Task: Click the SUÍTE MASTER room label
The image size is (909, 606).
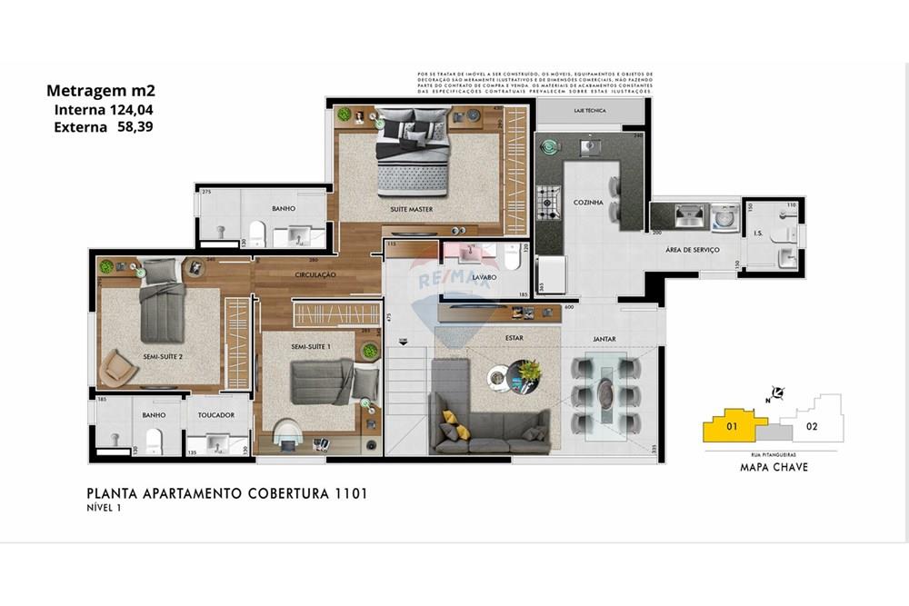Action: pyautogui.click(x=411, y=210)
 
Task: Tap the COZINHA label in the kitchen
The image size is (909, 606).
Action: pyautogui.click(x=588, y=203)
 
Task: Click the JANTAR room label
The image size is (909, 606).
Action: pyautogui.click(x=604, y=340)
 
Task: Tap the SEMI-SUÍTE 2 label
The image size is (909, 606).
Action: pyautogui.click(x=163, y=357)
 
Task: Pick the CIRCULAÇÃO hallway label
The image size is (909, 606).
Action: pyautogui.click(x=315, y=274)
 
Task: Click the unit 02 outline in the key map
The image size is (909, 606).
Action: pyautogui.click(x=812, y=425)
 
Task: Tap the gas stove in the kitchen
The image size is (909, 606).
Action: pyautogui.click(x=548, y=202)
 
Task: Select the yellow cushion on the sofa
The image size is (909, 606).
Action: pyautogui.click(x=449, y=419)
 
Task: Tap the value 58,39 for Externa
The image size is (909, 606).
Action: pyautogui.click(x=135, y=127)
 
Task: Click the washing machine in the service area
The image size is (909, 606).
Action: pyautogui.click(x=725, y=217)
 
